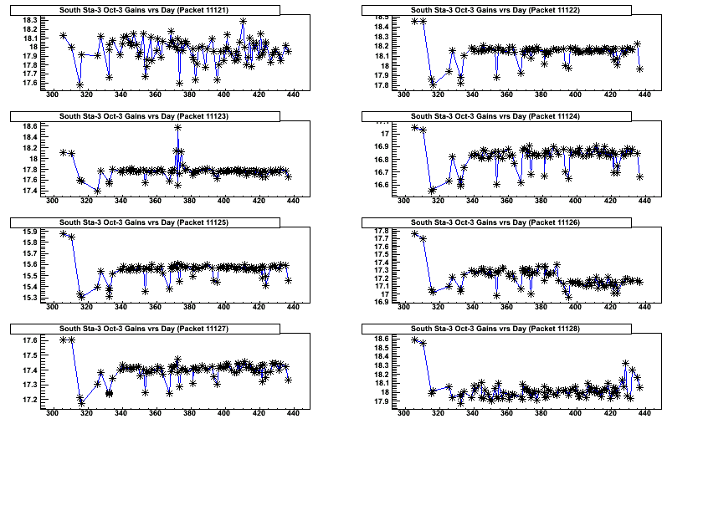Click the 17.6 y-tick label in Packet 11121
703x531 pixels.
coord(30,83)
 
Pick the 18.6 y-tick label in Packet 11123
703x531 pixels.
coord(30,126)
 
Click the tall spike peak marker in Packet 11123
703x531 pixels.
coord(177,127)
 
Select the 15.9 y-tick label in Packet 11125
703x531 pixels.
coord(30,232)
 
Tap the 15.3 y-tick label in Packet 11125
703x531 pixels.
coord(30,298)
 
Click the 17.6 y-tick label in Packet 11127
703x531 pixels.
coord(30,341)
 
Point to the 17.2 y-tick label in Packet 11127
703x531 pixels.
coord(30,400)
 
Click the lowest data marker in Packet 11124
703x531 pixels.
coord(433,191)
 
